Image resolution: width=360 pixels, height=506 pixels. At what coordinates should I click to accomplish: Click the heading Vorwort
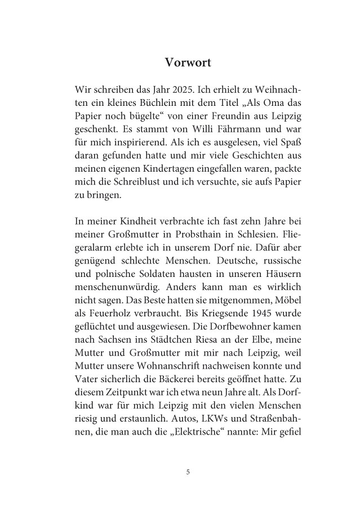point(188,62)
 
